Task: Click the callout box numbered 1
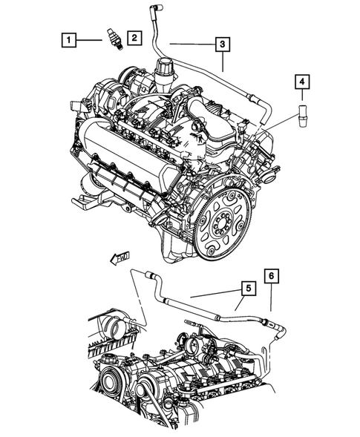[x=68, y=38]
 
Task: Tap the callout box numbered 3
[x=222, y=45]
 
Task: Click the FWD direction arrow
[x=118, y=257]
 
